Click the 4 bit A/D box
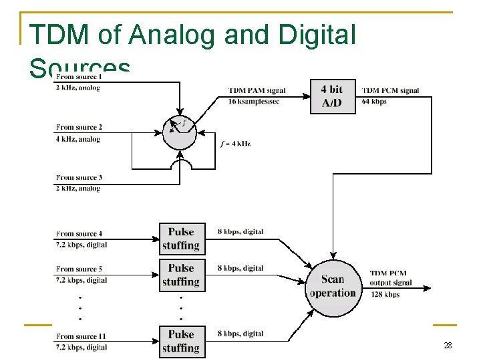[x=332, y=96]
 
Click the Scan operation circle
[x=332, y=287]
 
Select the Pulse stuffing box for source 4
[x=180, y=239]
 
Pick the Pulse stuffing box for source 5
[x=180, y=275]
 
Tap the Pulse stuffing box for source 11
[x=180, y=341]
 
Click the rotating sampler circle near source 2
[x=180, y=131]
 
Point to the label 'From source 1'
[x=79, y=78]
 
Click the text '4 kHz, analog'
[x=78, y=139]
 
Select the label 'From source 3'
[x=79, y=177]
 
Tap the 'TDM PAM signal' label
[x=257, y=91]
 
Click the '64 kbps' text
[x=374, y=102]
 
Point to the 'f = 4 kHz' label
[x=235, y=144]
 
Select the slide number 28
[x=447, y=345]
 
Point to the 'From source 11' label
[x=82, y=336]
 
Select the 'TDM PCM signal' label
[x=391, y=91]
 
